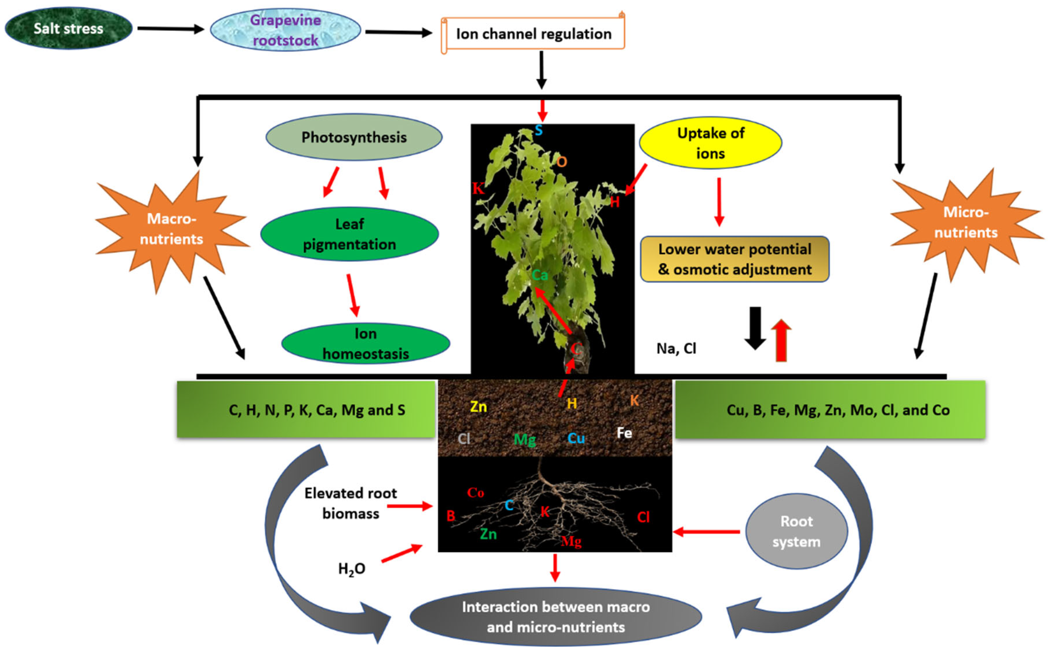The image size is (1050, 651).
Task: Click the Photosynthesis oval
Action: (354, 137)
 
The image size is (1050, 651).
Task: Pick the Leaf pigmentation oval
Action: (350, 234)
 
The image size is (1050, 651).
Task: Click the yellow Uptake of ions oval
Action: (710, 143)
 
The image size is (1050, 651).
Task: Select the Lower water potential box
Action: (735, 259)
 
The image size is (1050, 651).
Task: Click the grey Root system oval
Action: (796, 531)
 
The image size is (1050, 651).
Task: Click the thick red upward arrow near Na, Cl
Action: (781, 340)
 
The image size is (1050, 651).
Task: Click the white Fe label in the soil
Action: (624, 433)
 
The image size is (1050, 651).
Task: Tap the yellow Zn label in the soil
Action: (478, 406)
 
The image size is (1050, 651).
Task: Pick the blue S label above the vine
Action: (538, 130)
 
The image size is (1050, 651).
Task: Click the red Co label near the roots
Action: (475, 493)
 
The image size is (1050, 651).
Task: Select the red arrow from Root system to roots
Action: (706, 532)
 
